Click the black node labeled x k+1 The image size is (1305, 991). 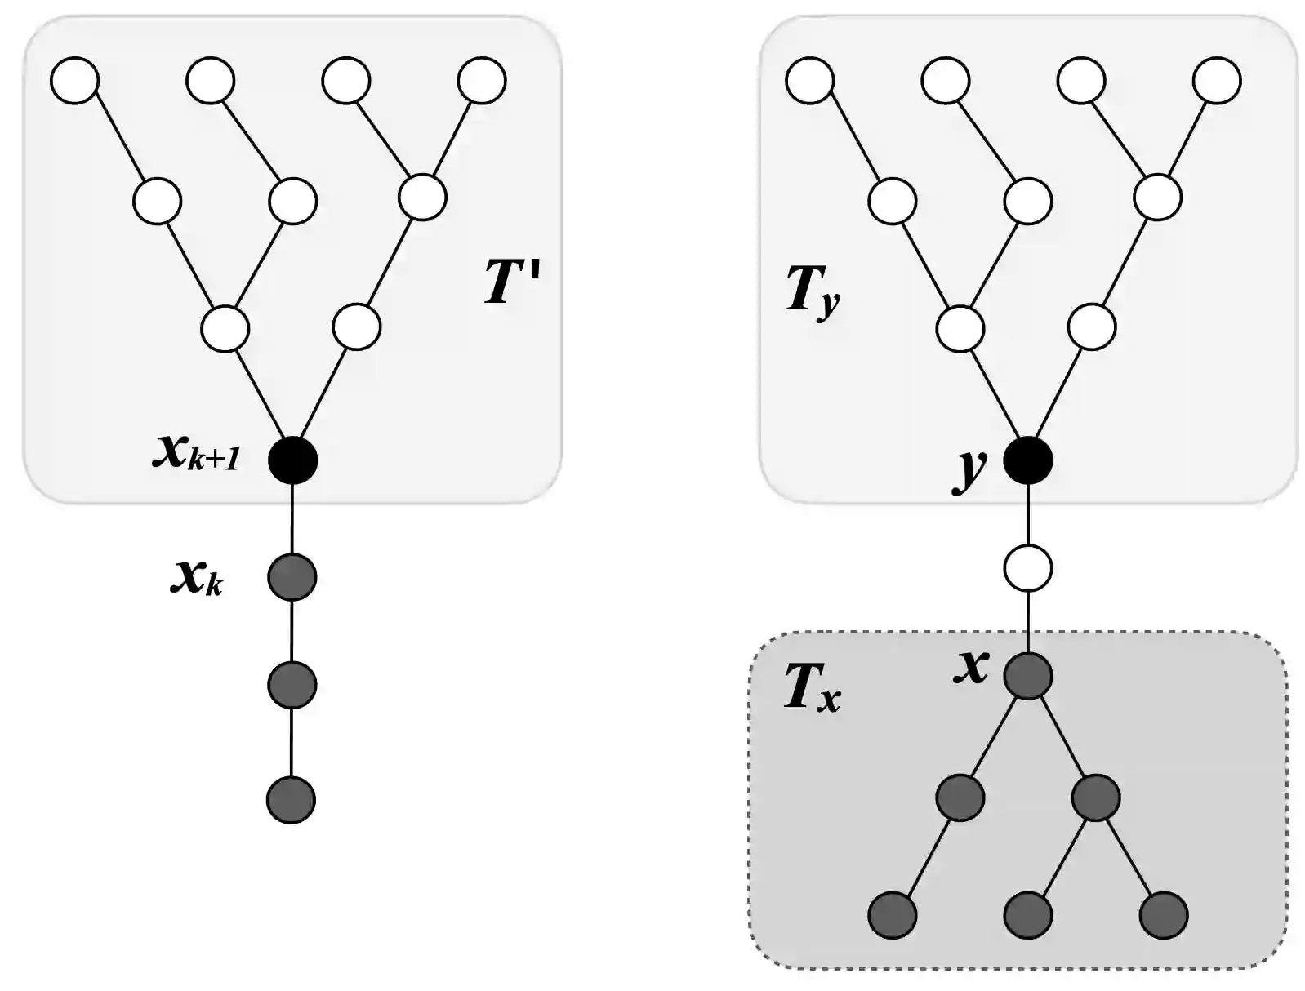292,460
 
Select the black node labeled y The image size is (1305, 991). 1027,460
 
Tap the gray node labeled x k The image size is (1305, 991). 292,577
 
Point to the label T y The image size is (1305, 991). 811,291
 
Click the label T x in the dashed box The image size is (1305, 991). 811,688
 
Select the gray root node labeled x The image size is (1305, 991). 1027,676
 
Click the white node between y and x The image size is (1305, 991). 1027,568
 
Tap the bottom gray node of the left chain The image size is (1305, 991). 291,800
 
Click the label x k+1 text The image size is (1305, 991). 196,452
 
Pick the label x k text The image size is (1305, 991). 196,577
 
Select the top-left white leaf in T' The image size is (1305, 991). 75,80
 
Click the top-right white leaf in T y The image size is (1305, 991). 1217,80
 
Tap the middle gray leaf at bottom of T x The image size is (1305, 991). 1027,915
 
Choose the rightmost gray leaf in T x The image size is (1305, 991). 1163,915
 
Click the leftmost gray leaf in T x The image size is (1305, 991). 892,915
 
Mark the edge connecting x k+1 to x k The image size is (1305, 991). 292,518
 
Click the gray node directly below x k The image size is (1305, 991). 292,684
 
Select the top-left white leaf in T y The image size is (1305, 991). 810,80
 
